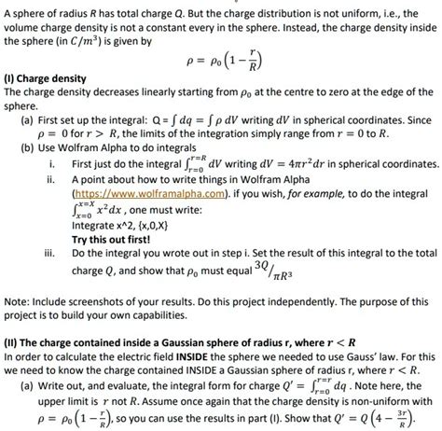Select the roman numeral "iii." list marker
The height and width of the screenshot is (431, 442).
tap(47, 252)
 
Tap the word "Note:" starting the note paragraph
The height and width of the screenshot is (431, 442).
tap(18, 302)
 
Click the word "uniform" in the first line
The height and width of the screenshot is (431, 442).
tap(330, 7)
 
